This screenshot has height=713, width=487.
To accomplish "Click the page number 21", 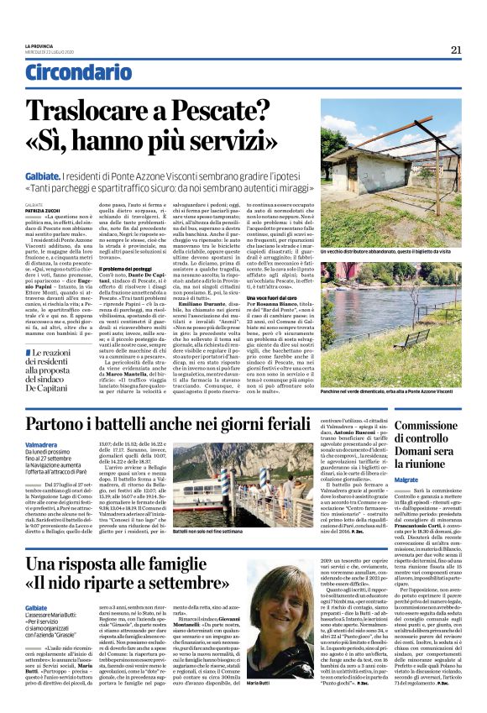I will coord(456,50).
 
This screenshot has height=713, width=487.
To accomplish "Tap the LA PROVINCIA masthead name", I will coord(39,46).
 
